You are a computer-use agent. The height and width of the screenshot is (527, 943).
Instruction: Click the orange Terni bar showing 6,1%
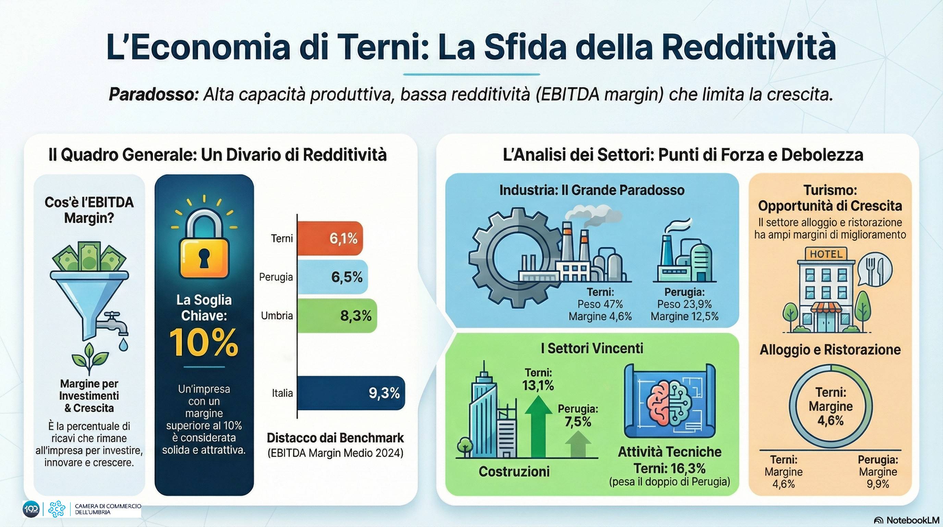click(329, 238)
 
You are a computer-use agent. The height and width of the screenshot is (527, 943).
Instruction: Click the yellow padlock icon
click(204, 249)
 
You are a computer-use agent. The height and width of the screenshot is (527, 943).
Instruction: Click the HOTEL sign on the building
click(826, 254)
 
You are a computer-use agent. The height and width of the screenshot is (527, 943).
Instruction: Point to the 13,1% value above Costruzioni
click(538, 386)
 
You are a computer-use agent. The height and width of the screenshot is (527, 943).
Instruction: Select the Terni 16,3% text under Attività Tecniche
click(670, 468)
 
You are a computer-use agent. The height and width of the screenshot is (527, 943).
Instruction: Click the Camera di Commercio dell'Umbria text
click(108, 509)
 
